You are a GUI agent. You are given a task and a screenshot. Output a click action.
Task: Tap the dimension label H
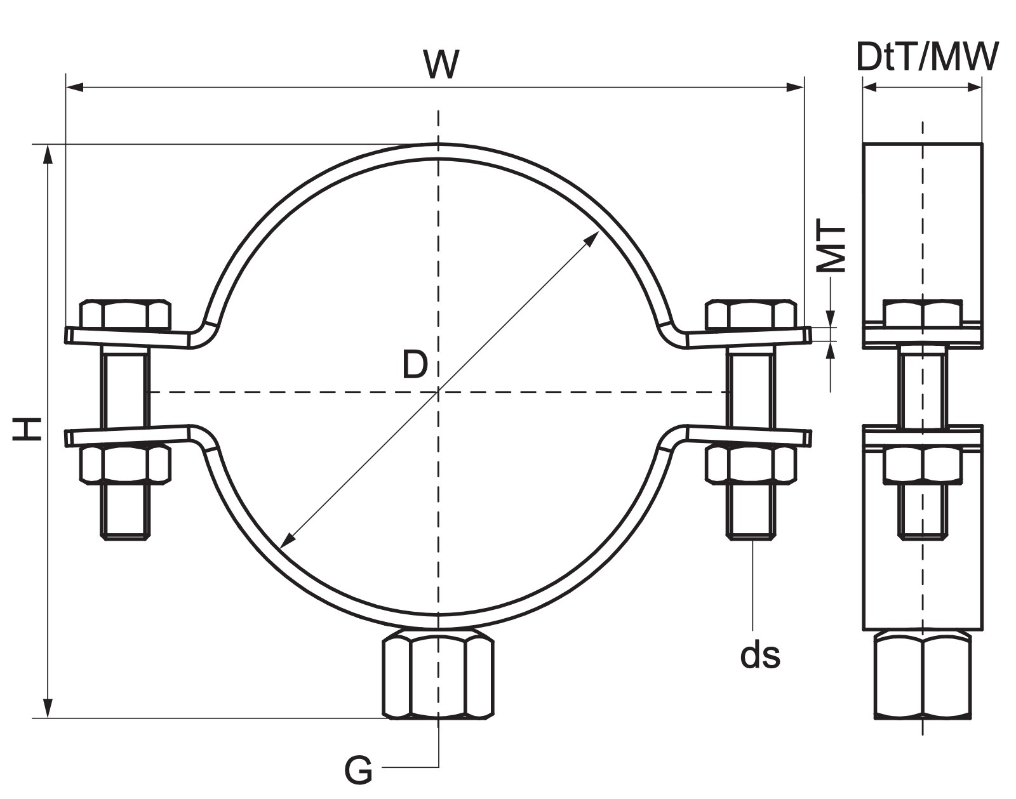(x=27, y=428)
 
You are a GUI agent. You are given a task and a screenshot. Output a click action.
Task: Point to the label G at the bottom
(x=358, y=769)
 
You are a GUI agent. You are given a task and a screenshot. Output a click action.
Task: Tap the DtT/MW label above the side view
(x=928, y=57)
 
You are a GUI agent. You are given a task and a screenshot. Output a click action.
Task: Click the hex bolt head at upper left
(x=125, y=314)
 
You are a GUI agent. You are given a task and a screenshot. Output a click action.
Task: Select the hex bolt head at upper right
(x=751, y=314)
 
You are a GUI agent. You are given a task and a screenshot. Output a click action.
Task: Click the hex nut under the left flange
(x=125, y=464)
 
